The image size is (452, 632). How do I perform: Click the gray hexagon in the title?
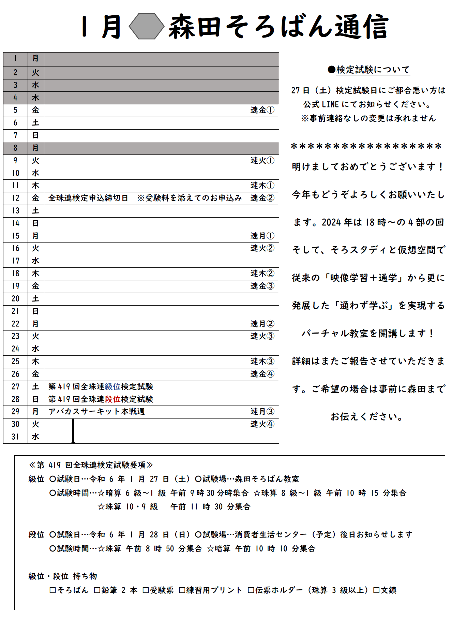(147, 26)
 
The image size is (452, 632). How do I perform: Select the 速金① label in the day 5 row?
(262, 110)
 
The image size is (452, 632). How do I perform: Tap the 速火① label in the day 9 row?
(262, 161)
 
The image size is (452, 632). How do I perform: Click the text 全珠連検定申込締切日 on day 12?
(88, 198)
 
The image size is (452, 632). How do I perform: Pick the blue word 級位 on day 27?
(112, 387)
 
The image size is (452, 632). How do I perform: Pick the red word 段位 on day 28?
(112, 399)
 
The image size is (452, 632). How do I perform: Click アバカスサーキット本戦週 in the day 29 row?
(96, 412)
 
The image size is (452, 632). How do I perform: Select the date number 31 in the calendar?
(15, 437)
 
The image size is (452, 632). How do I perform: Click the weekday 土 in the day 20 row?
(35, 299)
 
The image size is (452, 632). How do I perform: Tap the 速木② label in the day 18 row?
(262, 274)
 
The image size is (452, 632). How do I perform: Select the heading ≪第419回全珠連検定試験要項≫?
(91, 465)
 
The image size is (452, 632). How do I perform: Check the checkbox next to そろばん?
(52, 590)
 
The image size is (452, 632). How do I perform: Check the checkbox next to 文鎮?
(376, 590)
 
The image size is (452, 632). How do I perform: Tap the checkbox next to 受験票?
(146, 590)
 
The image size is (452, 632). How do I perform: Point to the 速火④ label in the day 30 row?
(262, 424)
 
